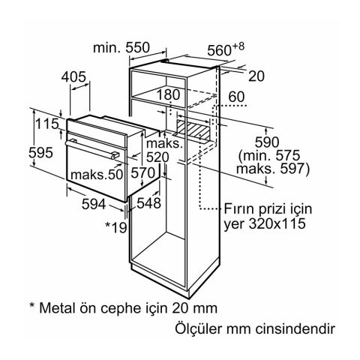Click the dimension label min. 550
coord(122,46)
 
